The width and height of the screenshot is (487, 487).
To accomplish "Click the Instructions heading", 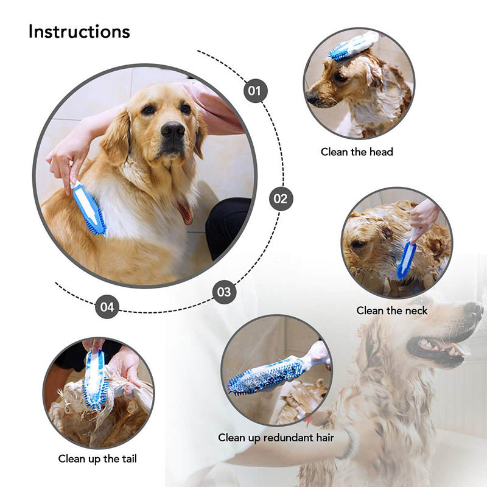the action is [x=79, y=32].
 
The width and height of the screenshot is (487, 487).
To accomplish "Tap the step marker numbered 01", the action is [x=255, y=91].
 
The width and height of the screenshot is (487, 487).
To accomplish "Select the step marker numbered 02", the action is [x=281, y=198].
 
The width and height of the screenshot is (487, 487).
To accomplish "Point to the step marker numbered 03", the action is [x=224, y=292].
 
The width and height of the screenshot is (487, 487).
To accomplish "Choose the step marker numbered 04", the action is [x=107, y=307].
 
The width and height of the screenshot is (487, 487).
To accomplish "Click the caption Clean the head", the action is [x=357, y=152].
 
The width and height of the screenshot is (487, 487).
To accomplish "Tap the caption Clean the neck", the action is [x=391, y=310].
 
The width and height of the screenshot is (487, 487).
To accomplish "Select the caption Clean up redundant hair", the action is [x=276, y=438].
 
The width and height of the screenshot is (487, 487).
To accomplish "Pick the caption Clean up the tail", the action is [x=97, y=459].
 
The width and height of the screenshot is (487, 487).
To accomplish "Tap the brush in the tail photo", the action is [x=95, y=378].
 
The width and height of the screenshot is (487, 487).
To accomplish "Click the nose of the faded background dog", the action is [x=474, y=310].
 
